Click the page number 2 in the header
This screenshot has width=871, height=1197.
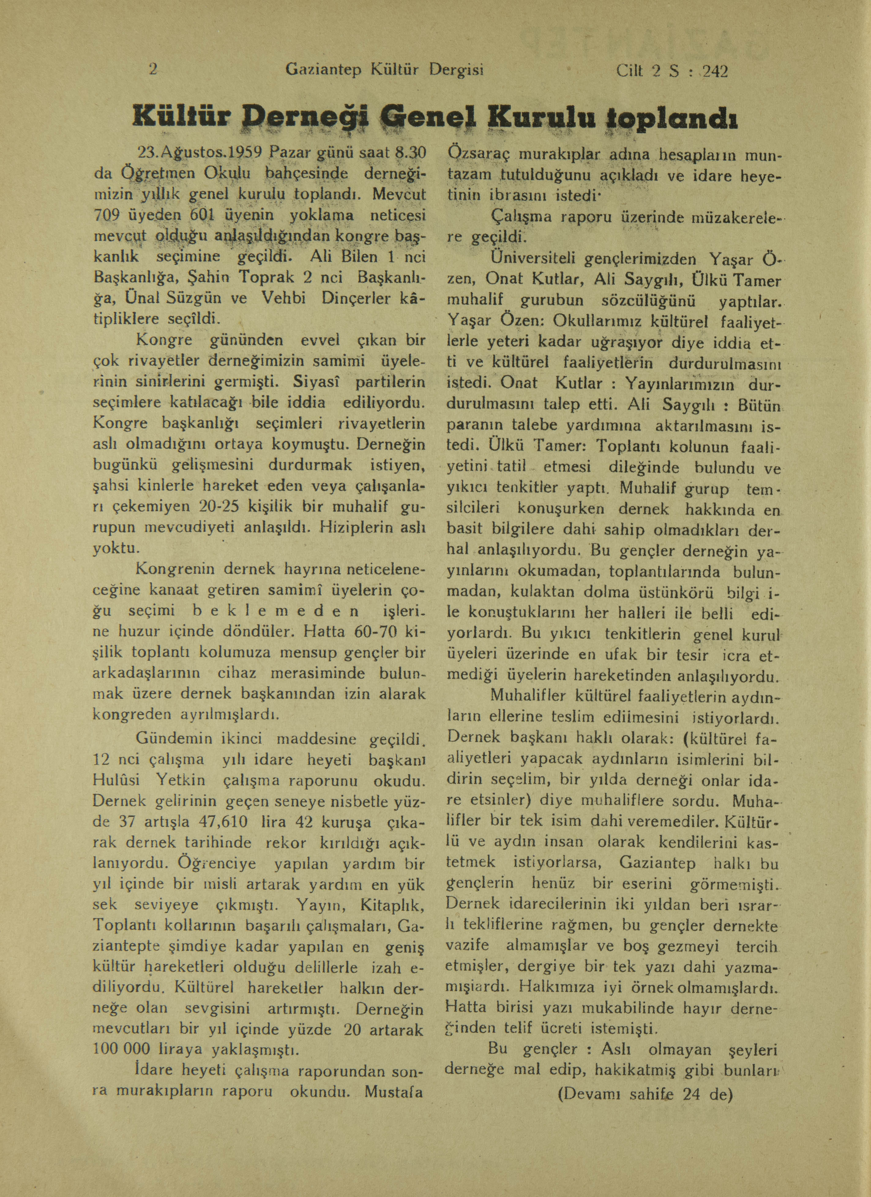(154, 70)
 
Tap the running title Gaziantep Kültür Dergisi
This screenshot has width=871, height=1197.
(384, 70)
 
